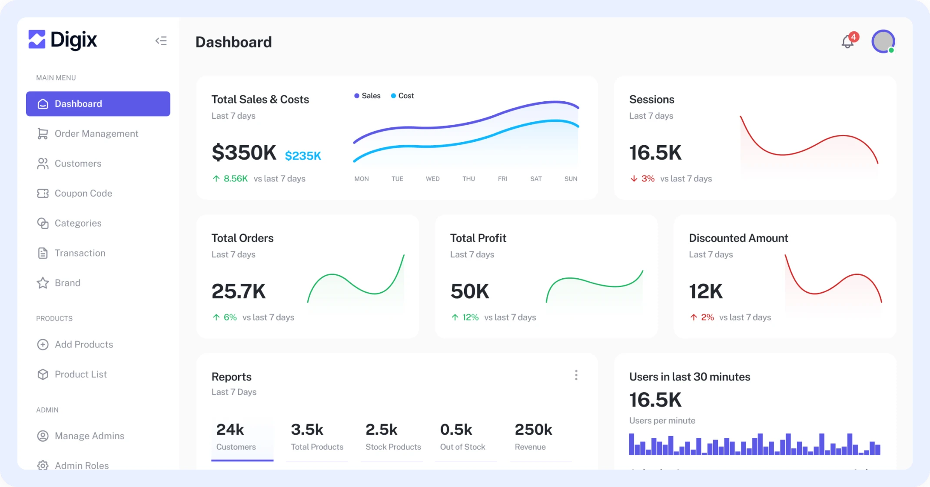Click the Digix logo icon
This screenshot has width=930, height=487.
click(x=37, y=40)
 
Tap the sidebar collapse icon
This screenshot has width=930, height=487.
click(x=161, y=41)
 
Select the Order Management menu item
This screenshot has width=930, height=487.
click(x=96, y=133)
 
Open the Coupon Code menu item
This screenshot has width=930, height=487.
click(x=83, y=193)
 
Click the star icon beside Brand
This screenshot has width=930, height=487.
click(x=43, y=283)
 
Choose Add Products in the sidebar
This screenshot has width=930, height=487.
click(x=83, y=344)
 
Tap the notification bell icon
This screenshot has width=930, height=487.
click(x=847, y=42)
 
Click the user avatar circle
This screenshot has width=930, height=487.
click(x=883, y=42)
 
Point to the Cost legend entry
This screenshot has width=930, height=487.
click(x=402, y=96)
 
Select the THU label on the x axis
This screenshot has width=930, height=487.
click(x=468, y=179)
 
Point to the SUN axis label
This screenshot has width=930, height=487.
click(x=571, y=179)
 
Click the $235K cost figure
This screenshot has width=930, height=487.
click(x=303, y=156)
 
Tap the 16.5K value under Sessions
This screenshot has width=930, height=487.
click(x=655, y=153)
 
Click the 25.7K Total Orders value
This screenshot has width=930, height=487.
click(x=239, y=291)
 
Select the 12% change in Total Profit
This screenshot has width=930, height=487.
click(x=470, y=317)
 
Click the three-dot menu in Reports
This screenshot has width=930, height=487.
click(x=576, y=375)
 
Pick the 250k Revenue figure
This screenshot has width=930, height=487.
click(x=533, y=430)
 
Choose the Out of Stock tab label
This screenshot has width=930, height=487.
click(x=462, y=447)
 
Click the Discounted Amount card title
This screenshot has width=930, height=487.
click(x=738, y=238)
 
